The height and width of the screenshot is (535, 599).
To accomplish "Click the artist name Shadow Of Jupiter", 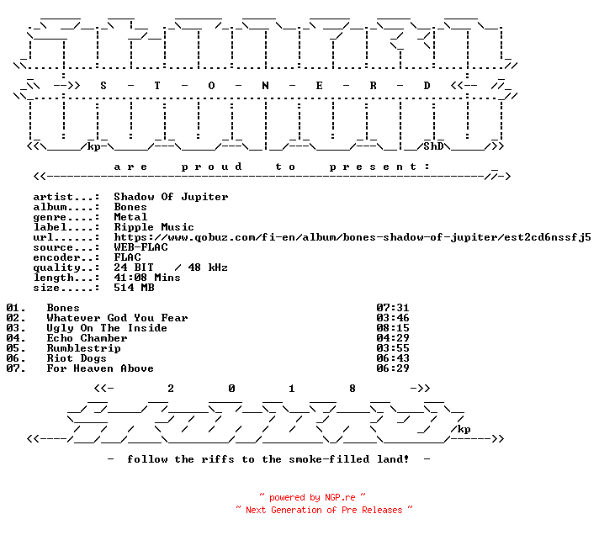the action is [x=171, y=197].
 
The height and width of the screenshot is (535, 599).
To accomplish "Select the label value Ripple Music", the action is [x=154, y=227].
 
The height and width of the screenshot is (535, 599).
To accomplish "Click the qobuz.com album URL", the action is [x=353, y=237].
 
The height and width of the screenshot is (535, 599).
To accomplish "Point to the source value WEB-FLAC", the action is [x=140, y=247].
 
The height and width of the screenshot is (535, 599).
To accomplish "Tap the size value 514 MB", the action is [x=134, y=288].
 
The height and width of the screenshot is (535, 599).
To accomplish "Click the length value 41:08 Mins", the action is [x=147, y=278].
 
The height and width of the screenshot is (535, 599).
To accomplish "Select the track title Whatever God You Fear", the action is [x=117, y=318].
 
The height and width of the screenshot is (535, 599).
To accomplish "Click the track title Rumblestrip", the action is [x=83, y=348].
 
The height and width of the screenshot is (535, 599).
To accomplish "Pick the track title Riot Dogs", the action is [x=77, y=358].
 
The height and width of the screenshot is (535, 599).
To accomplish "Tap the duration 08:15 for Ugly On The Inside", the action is [x=393, y=328].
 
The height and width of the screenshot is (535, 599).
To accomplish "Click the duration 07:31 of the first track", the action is [x=393, y=308].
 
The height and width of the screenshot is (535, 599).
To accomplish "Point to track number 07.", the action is [x=16, y=368].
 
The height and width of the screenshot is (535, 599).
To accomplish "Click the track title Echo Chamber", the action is [x=87, y=338].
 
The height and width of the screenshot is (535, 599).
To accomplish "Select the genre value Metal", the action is [x=130, y=217].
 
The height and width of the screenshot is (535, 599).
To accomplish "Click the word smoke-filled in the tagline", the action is [x=329, y=459].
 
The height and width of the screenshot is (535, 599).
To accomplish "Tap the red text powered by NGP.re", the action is [x=312, y=497].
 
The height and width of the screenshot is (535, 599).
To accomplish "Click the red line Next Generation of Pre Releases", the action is [x=324, y=510].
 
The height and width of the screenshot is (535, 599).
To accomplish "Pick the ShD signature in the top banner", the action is [x=433, y=146].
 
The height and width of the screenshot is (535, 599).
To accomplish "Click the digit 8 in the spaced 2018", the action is [x=353, y=389].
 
